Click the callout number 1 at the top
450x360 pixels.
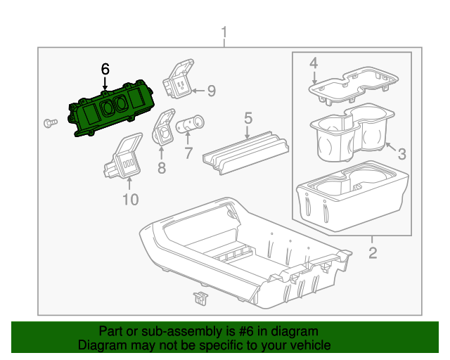pos(224,33)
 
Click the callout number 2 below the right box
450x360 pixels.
pos(373,252)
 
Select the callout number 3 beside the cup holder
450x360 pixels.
pos(401,153)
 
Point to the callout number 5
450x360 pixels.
pos(247,117)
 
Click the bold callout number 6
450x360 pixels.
pos(105,69)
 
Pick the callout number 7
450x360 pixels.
pos(187,153)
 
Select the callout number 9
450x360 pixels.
pos(210,90)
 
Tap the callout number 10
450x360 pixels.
pos(130,200)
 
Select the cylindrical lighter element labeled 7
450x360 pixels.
pos(189,126)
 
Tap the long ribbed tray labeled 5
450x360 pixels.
pos(246,151)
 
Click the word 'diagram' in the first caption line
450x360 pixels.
pos(293,331)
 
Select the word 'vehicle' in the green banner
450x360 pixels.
pos(308,345)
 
